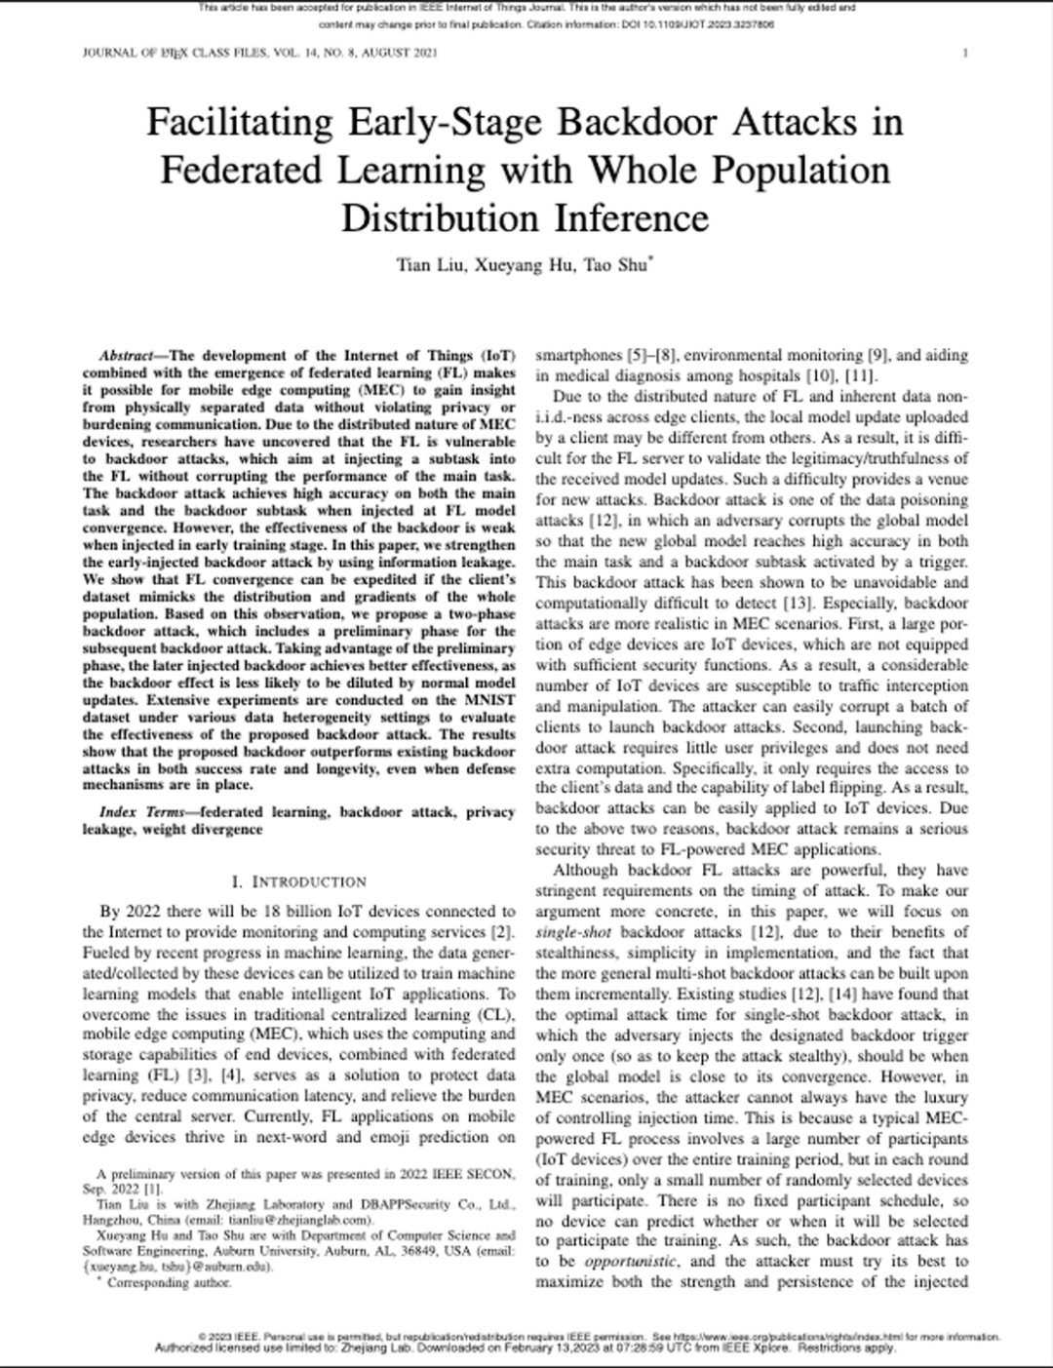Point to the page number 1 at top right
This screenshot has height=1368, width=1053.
964,53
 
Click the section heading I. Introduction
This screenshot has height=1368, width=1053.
299,881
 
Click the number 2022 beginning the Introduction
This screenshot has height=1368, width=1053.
147,912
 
